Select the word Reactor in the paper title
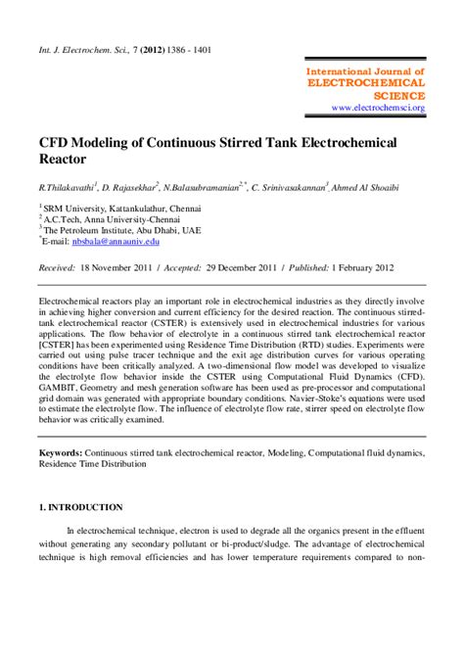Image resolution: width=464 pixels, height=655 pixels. coord(65,158)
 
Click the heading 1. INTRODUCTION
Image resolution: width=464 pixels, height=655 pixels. coord(80,508)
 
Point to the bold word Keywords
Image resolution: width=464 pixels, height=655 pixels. coord(60,454)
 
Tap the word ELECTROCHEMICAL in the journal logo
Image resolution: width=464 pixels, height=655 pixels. coord(366,84)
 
